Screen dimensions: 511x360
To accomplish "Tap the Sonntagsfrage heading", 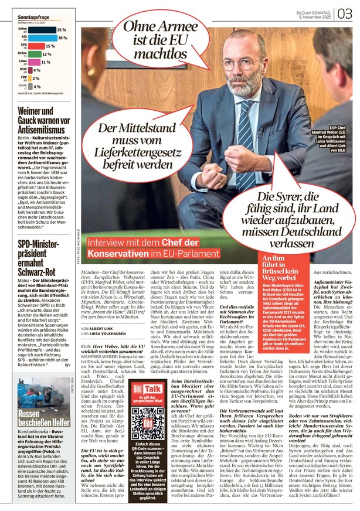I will pyautogui.click(x=33, y=18).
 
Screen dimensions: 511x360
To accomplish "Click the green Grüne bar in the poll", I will pyautogui.click(x=35, y=54).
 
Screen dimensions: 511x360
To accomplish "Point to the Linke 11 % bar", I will pyautogui.click(x=35, y=62).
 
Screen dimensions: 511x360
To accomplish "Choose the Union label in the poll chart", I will pyautogui.click(x=23, y=28).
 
